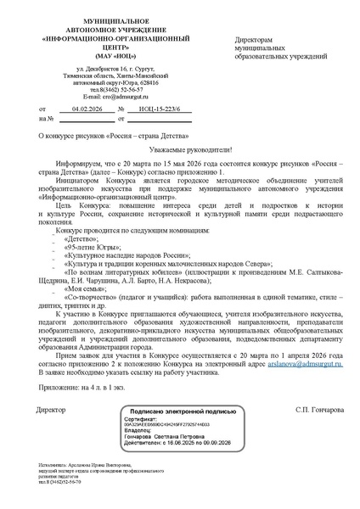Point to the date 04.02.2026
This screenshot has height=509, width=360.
tap(87, 110)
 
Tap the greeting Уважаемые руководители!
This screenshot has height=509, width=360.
tap(181, 148)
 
